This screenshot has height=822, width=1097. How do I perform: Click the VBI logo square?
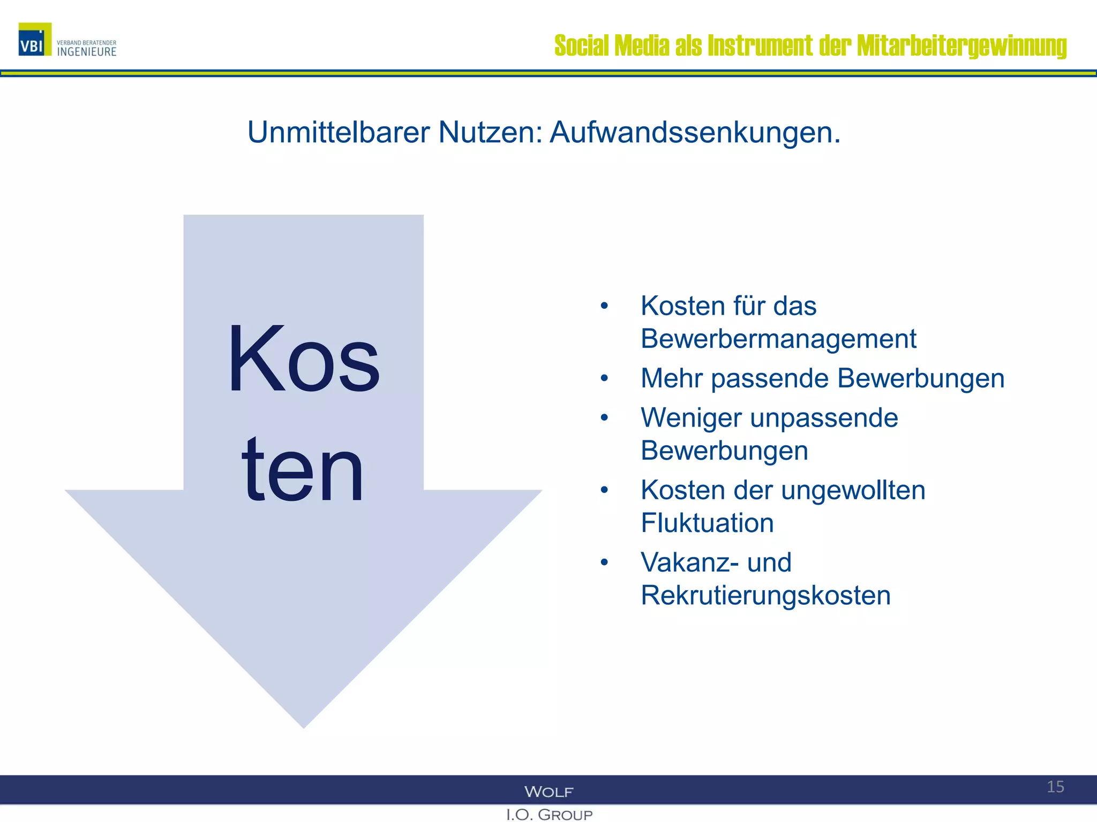(x=35, y=40)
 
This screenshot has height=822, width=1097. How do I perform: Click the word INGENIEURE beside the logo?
(x=87, y=52)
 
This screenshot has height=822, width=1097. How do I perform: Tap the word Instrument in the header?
(x=760, y=45)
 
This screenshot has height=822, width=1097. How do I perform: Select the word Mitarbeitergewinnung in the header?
(x=961, y=46)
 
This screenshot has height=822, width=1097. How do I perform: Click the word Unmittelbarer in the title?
(x=339, y=132)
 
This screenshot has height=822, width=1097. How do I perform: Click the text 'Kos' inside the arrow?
(x=304, y=360)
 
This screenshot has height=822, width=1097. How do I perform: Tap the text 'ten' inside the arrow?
(x=303, y=470)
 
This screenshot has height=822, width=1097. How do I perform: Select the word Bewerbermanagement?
(x=778, y=339)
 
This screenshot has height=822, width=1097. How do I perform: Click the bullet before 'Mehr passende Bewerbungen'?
(x=604, y=378)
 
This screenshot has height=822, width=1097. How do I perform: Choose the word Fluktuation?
(x=707, y=523)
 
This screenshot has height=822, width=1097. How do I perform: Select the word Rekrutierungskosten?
(x=765, y=595)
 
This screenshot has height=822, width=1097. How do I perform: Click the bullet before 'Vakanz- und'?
(x=604, y=562)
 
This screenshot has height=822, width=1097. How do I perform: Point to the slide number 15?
(x=1055, y=787)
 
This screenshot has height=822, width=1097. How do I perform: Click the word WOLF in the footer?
(x=548, y=791)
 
